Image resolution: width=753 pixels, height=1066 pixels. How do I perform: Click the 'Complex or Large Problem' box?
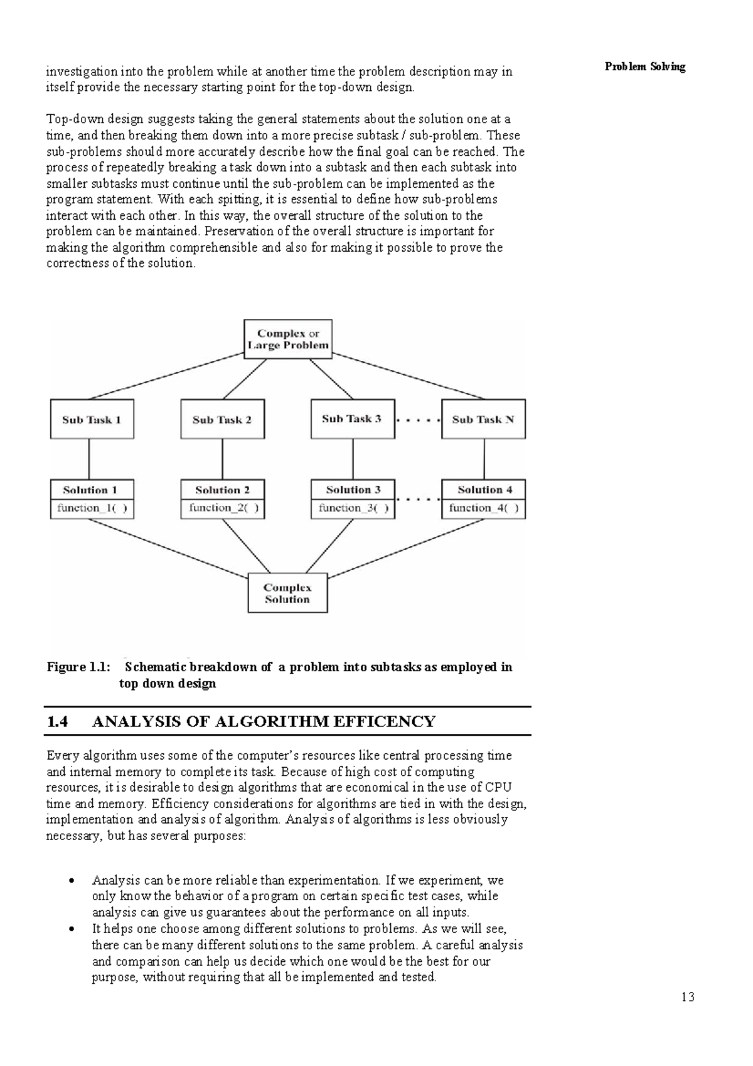point(287,339)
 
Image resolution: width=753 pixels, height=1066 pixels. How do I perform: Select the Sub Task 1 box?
point(92,419)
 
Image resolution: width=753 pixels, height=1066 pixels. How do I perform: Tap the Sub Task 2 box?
point(222,419)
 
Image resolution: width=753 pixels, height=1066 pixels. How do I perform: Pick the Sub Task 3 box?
point(352,419)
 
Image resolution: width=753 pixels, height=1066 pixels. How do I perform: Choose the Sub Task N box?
point(483,419)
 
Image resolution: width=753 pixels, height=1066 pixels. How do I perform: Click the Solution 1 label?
point(90,490)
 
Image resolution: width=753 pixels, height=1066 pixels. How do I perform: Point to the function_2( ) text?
point(223,509)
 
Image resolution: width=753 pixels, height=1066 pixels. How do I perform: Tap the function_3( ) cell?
point(353,509)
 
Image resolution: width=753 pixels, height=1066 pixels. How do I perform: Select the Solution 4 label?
point(484,490)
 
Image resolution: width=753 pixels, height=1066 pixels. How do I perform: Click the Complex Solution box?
point(287,593)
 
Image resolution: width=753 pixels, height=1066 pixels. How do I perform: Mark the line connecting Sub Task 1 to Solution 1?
point(89,459)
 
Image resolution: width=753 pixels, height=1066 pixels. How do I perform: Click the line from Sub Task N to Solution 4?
point(483,459)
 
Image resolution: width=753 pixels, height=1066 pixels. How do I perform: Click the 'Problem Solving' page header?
point(644,67)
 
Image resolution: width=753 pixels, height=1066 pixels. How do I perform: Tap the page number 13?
point(687,998)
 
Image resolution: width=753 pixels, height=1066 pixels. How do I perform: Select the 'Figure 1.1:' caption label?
point(78,667)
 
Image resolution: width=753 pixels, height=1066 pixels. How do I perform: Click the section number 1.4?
point(58,721)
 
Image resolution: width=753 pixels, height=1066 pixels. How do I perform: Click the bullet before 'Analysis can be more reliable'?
point(73,881)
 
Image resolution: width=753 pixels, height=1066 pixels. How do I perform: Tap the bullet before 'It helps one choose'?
point(73,929)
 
